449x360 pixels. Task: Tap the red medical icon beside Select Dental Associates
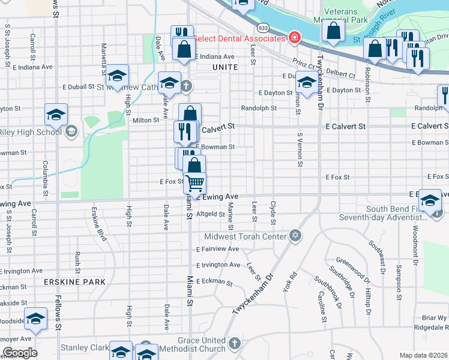[x=294, y=38]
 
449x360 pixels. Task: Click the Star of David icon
[x=295, y=235]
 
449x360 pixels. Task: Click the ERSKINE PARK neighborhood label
[x=74, y=281]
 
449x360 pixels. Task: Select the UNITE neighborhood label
[x=225, y=68]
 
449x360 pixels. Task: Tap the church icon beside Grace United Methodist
[x=234, y=344]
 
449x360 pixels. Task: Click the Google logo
[x=20, y=353]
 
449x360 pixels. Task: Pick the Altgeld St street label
[x=211, y=214]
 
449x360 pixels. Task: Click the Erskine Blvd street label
[x=98, y=224]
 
